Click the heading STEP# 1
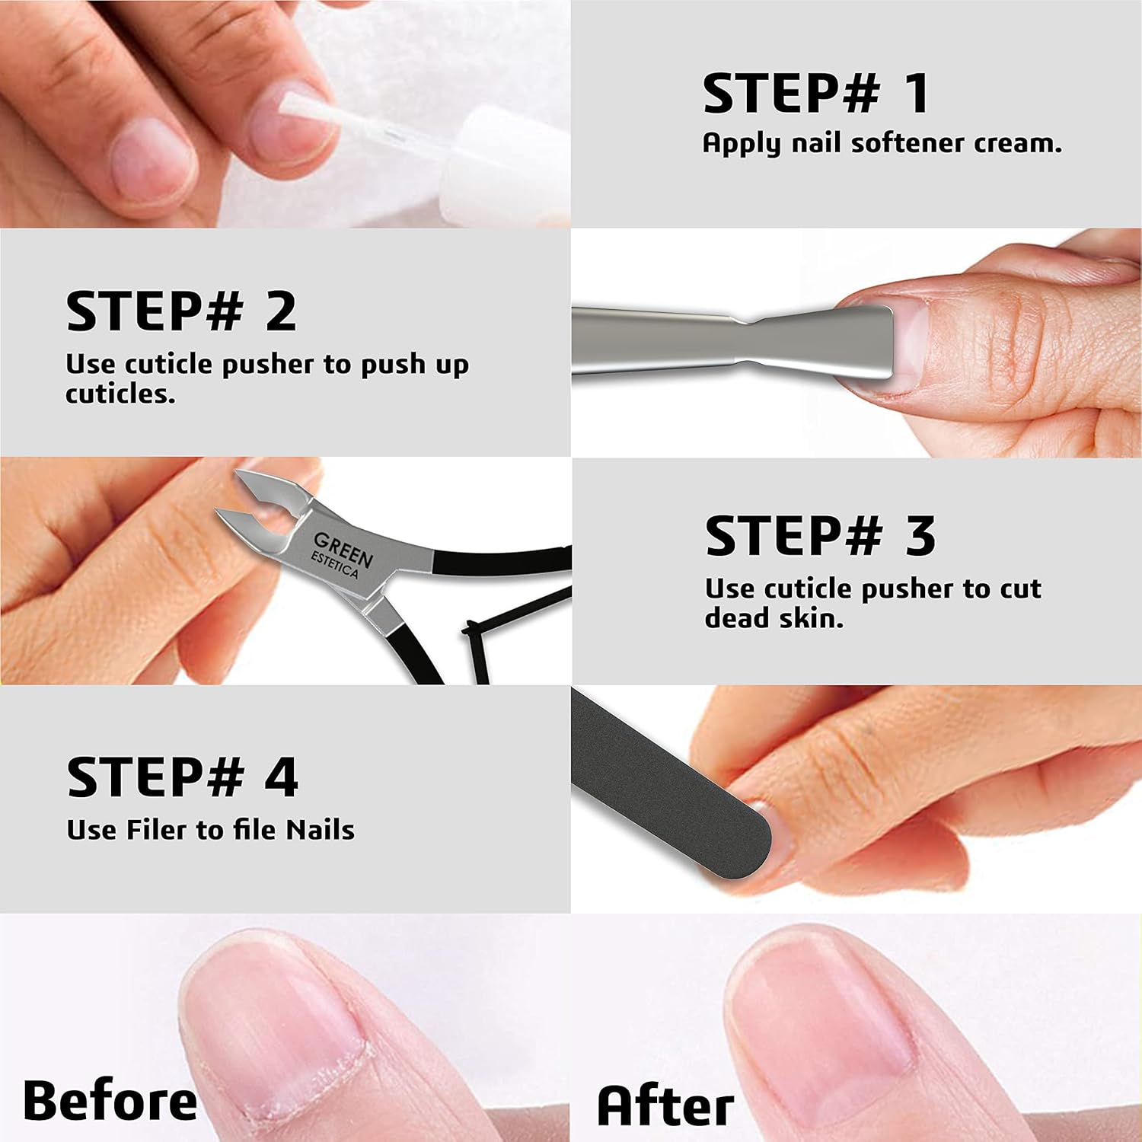tap(815, 94)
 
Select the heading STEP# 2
tap(181, 311)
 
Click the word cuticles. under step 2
tap(120, 394)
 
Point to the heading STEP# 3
tap(820, 536)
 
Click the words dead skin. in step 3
tap(774, 618)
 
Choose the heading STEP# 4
tap(182, 777)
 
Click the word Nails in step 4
tap(320, 830)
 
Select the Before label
tap(110, 1101)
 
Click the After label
tap(665, 1105)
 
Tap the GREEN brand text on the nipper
tap(343, 549)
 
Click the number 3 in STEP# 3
tap(920, 536)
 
